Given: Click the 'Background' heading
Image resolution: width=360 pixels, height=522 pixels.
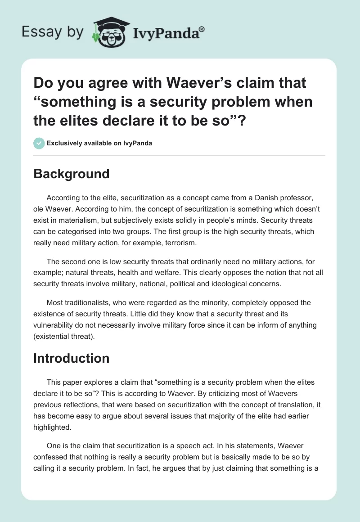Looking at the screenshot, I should point(72,174).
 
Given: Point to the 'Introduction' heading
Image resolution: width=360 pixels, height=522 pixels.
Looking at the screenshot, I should point(72,358).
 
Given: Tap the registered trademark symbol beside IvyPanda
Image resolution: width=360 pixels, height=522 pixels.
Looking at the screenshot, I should point(202,29).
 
